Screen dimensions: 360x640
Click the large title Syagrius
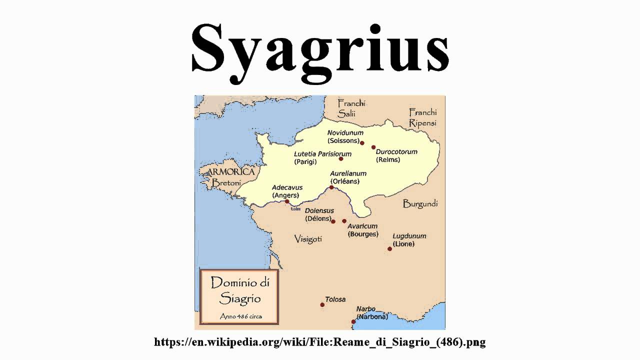(320, 47)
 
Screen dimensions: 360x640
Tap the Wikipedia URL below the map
(320, 342)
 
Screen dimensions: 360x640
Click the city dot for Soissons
(362, 142)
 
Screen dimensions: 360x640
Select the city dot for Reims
(373, 147)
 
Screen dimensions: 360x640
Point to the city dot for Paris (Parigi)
(341, 159)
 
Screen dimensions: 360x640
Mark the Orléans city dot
(331, 187)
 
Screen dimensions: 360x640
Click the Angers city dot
(287, 201)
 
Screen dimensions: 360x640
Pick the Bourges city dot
(344, 221)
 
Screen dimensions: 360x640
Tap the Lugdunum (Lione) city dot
(389, 248)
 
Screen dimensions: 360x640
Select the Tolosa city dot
(322, 304)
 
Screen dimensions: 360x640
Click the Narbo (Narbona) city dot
(353, 321)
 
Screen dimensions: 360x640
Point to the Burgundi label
(420, 203)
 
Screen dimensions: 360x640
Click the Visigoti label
(308, 238)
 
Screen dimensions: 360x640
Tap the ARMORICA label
(227, 172)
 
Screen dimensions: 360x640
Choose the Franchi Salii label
(351, 108)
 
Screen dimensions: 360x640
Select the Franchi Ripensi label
(422, 117)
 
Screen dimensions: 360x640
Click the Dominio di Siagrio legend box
(239, 296)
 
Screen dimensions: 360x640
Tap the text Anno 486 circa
(240, 316)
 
